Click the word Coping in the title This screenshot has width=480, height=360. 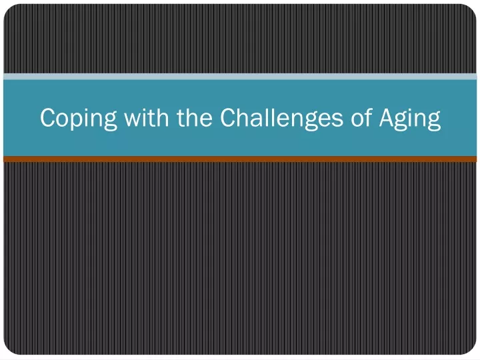[79, 119]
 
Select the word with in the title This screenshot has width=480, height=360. [146, 117]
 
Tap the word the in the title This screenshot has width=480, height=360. [195, 117]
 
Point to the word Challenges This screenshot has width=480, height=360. [281, 119]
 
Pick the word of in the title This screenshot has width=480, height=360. [361, 117]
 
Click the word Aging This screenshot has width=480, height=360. [410, 119]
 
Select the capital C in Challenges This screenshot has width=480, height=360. [228, 117]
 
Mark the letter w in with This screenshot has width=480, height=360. [134, 120]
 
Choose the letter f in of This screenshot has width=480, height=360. [368, 117]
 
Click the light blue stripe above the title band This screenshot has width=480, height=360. [240, 77]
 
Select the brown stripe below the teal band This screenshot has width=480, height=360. [240, 159]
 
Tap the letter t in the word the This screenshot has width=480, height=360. [181, 118]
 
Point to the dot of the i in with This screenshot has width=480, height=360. [147, 109]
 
